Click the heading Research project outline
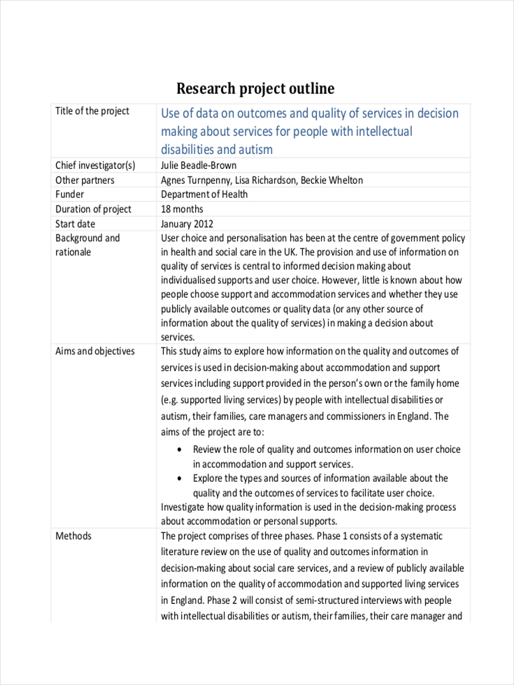tap(255, 88)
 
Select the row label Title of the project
tap(92, 111)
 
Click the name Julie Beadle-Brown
tap(198, 166)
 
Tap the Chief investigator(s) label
tap(95, 166)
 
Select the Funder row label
tap(69, 195)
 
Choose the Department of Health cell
tap(204, 195)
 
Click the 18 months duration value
tap(182, 209)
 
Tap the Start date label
tap(75, 224)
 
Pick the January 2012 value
tap(187, 224)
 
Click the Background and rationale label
tap(87, 245)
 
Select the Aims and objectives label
tap(95, 351)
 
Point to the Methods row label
tap(73, 536)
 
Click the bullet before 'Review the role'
tap(180, 450)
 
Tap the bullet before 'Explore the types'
tap(180, 478)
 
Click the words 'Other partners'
tap(85, 180)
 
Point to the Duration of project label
tap(93, 209)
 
